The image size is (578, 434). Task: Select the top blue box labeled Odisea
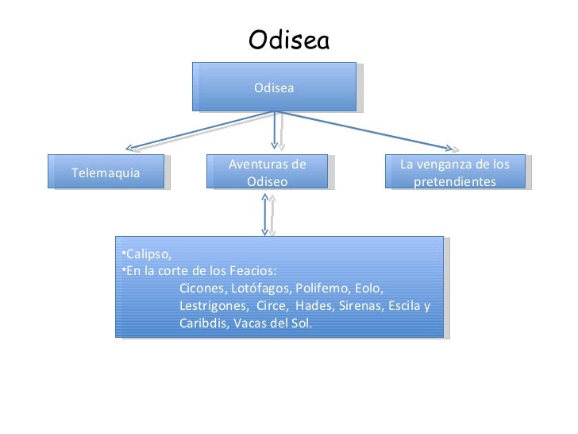(274, 87)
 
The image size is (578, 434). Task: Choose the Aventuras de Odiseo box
(267, 172)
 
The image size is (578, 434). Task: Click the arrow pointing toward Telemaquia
(198, 131)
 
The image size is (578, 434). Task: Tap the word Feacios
(252, 269)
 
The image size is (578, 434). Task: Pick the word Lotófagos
(256, 288)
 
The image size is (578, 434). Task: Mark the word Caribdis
(201, 324)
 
